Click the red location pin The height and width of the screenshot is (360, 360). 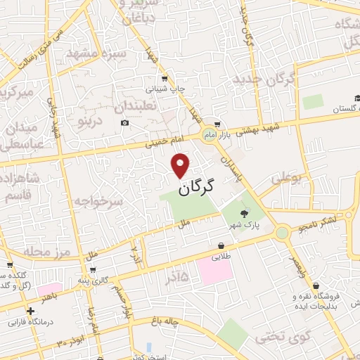181,165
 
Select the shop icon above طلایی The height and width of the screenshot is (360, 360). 222,246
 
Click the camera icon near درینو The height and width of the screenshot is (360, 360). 124,123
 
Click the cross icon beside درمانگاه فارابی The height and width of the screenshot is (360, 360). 30,310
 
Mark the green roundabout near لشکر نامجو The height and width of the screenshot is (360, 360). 282,232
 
